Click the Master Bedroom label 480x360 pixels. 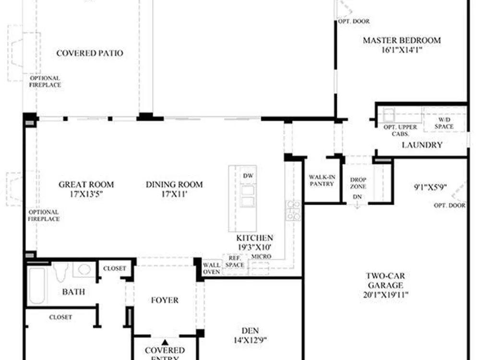pyautogui.click(x=402, y=40)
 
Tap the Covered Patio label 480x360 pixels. pyautogui.click(x=90, y=53)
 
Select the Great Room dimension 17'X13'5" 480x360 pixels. pyautogui.click(x=86, y=194)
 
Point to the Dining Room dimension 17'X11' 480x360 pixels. pyautogui.click(x=174, y=194)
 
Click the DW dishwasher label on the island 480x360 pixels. pyautogui.click(x=248, y=176)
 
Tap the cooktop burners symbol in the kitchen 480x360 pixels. pyautogui.click(x=293, y=210)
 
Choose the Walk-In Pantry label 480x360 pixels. pyautogui.click(x=322, y=180)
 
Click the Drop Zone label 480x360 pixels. pyautogui.click(x=358, y=183)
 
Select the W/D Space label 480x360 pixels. pyautogui.click(x=444, y=123)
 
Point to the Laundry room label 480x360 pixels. pyautogui.click(x=422, y=145)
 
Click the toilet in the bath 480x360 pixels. pyautogui.click(x=60, y=272)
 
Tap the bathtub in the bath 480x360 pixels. pyautogui.click(x=37, y=285)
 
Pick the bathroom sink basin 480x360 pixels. pyautogui.click(x=84, y=269)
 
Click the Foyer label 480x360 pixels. pyautogui.click(x=165, y=300)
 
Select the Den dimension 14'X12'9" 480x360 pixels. pyautogui.click(x=250, y=340)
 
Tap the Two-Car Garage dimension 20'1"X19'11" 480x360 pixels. pyautogui.click(x=385, y=295)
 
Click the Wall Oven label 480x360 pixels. pyautogui.click(x=211, y=268)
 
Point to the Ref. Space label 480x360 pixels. pyautogui.click(x=235, y=262)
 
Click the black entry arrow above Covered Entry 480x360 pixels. pyautogui.click(x=165, y=342)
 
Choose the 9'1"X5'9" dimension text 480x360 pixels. pyautogui.click(x=430, y=187)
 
